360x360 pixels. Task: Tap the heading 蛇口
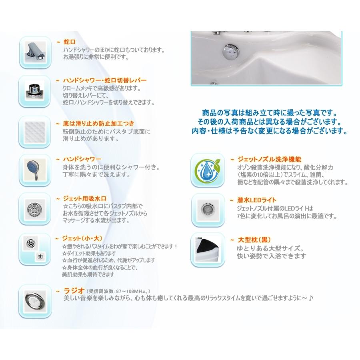tap(70, 42)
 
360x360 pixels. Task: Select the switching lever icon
tap(35, 91)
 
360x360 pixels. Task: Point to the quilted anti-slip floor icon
tap(35, 130)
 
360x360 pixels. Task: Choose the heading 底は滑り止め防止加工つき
tap(98, 123)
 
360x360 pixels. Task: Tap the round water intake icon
tap(35, 208)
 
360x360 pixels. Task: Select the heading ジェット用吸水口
tap(84, 198)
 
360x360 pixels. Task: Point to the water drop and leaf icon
tap(206, 170)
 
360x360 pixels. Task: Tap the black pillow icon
tap(206, 249)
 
